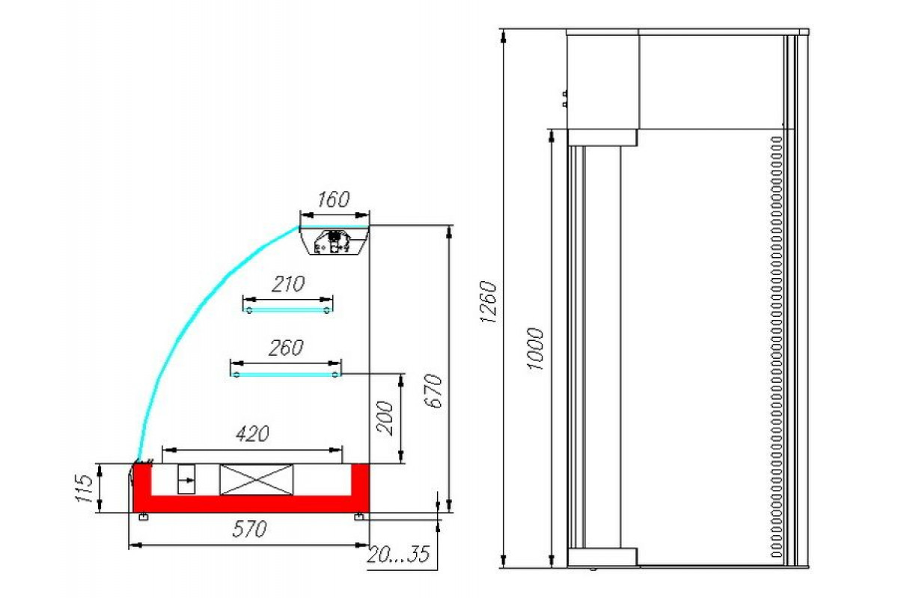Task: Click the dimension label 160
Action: [x=333, y=200]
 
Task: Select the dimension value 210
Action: [x=288, y=284]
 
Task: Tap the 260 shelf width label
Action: [x=286, y=348]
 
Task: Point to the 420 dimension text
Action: [x=252, y=434]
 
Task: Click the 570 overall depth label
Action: [x=249, y=529]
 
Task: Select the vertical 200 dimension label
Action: [x=385, y=418]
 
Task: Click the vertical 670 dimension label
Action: [x=433, y=390]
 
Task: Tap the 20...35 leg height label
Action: [x=398, y=555]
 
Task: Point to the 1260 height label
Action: [x=488, y=301]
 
